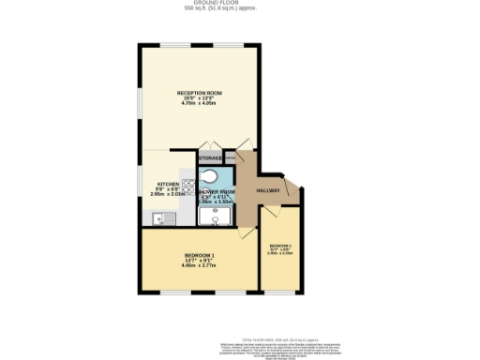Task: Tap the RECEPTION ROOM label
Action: click(200, 92)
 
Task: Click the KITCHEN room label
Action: click(169, 184)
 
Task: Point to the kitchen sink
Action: click(159, 218)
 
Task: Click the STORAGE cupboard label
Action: click(210, 158)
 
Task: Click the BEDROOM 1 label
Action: click(199, 256)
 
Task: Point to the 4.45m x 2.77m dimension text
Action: click(199, 266)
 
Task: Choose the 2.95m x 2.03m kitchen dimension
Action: click(169, 194)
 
